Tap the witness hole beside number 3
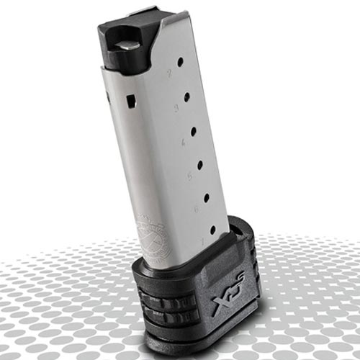(x=187, y=96)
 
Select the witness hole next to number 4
(x=194, y=130)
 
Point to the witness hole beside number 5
(x=200, y=164)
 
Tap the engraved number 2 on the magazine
(x=169, y=73)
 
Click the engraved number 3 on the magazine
(x=176, y=108)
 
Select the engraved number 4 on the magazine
(x=182, y=142)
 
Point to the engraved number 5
(x=189, y=175)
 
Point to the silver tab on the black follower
(x=127, y=45)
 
